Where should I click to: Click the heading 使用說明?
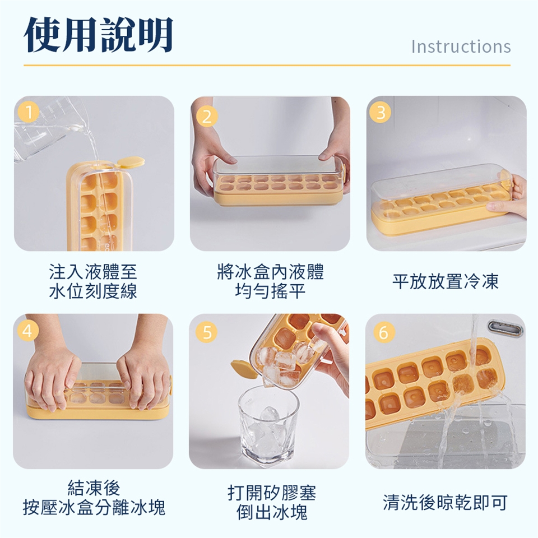pyautogui.click(x=99, y=35)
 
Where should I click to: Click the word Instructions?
pyautogui.click(x=461, y=47)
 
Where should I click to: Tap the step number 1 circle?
pyautogui.click(x=29, y=112)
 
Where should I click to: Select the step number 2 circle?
pyautogui.click(x=207, y=117)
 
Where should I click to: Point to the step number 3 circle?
pyautogui.click(x=380, y=112)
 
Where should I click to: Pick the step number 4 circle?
pyautogui.click(x=27, y=331)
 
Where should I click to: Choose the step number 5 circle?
pyautogui.click(x=207, y=332)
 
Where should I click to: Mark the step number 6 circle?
pyautogui.click(x=383, y=332)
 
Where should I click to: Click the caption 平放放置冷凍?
pyautogui.click(x=446, y=282)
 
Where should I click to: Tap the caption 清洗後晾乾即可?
pyautogui.click(x=445, y=503)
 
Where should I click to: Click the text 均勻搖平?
pyautogui.click(x=270, y=291)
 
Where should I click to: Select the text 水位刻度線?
pyautogui.click(x=93, y=291)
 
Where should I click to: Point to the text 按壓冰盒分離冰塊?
pyautogui.click(x=94, y=508)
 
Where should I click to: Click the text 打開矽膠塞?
pyautogui.click(x=271, y=493)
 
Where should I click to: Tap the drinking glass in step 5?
pyautogui.click(x=268, y=425)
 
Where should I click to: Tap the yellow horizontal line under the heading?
pyautogui.click(x=267, y=65)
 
